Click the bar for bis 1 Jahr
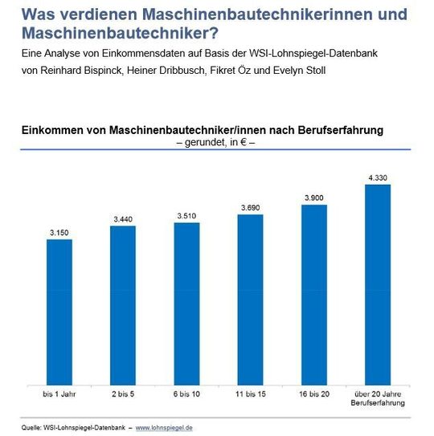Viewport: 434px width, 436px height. coord(59,312)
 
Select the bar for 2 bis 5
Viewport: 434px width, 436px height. coord(123,306)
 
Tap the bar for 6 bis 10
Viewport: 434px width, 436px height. coord(186,304)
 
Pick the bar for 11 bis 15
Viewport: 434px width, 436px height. coord(250,299)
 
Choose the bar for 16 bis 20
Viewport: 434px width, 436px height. coord(314,295)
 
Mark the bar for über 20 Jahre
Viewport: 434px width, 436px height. coord(378,285)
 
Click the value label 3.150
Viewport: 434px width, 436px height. coord(59,233)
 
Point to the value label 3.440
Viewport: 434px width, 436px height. coord(123,219)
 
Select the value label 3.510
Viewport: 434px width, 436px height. coord(186,216)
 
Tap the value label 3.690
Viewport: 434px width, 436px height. coord(251,208)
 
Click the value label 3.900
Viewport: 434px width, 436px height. coord(314,198)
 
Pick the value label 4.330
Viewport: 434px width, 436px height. coord(378,178)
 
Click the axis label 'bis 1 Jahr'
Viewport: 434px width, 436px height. coord(59,394)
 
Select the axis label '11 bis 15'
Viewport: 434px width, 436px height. coord(251,394)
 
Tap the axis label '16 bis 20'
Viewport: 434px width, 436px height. coord(314,394)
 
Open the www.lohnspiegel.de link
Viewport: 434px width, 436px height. coord(164,428)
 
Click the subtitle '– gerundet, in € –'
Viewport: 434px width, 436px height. coord(215,142)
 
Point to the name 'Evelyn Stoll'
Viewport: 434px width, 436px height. coord(299,71)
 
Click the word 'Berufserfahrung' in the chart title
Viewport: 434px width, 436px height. coord(341,130)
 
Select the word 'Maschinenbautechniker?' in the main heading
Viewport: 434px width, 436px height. coord(120,33)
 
